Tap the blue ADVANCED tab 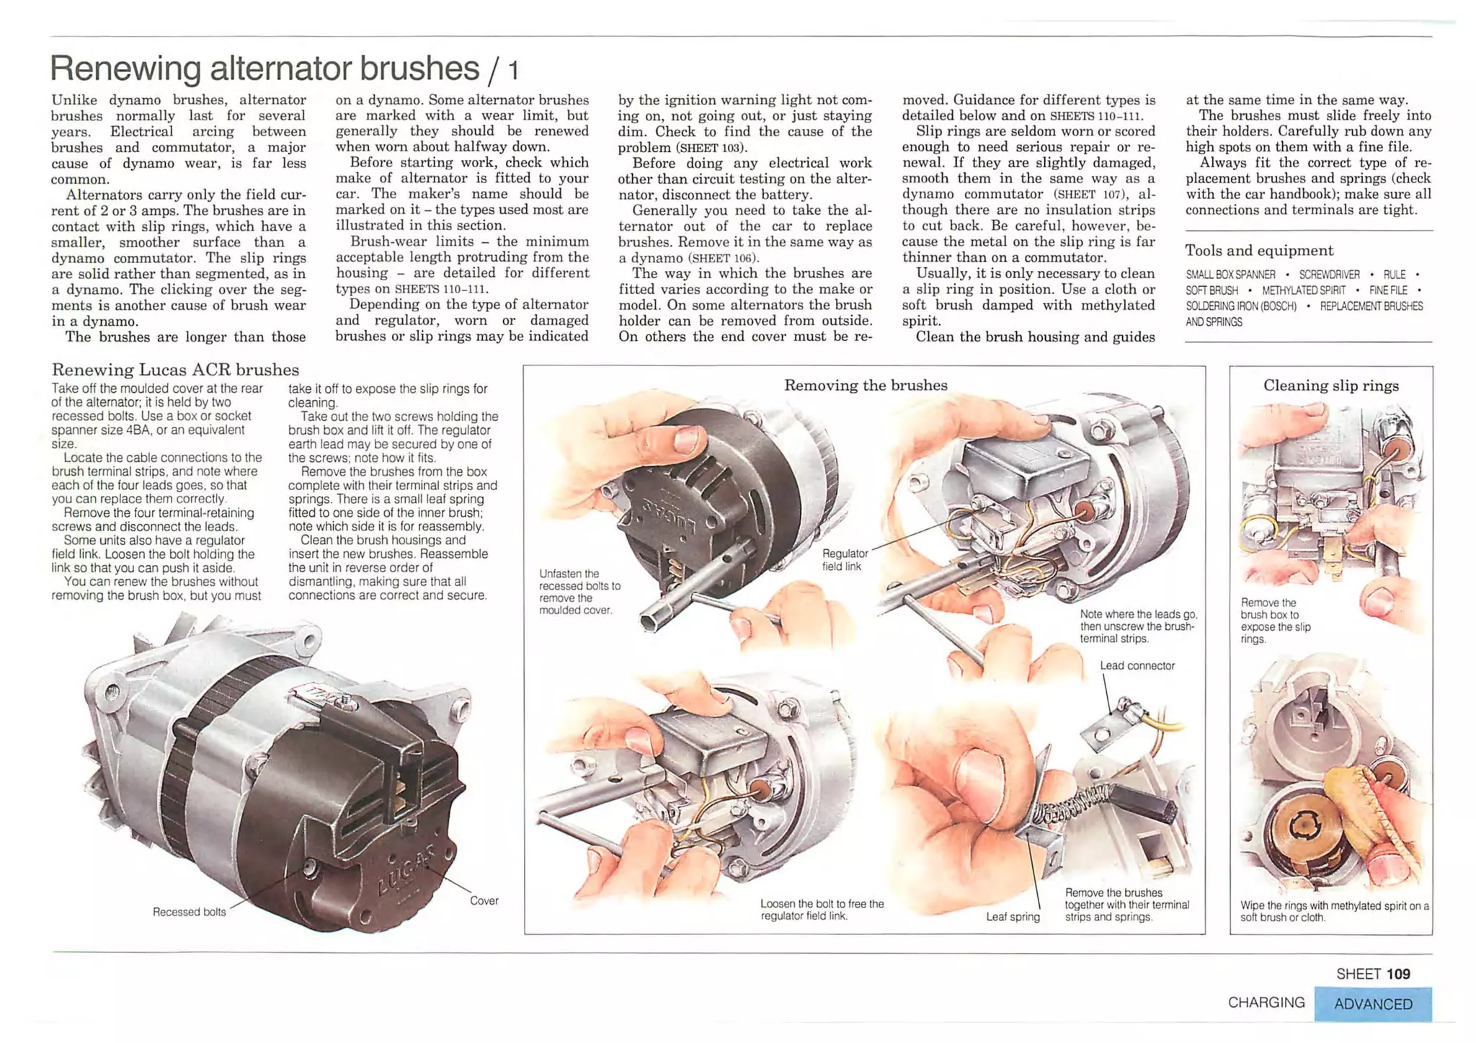(1372, 1004)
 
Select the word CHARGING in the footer (1266, 1003)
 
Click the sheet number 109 (1397, 974)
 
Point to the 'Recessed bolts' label (189, 912)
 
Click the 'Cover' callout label (484, 900)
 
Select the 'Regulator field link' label (845, 560)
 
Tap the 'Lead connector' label (1137, 665)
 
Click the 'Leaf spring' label (1013, 917)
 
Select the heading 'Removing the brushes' (865, 385)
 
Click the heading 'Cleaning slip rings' (1330, 385)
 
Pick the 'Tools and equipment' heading (1258, 250)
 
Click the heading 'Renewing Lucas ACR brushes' (175, 370)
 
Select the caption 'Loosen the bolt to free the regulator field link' (822, 910)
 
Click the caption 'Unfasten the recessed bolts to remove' (579, 592)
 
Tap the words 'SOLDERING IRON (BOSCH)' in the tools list (1241, 306)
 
